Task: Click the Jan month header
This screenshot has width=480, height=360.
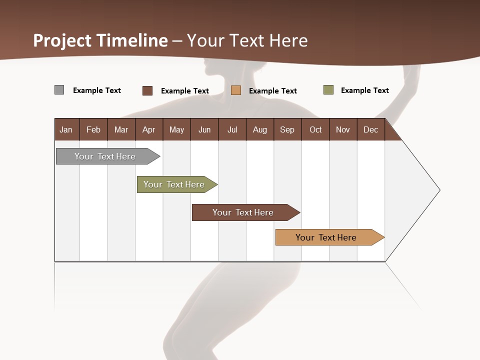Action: (x=66, y=129)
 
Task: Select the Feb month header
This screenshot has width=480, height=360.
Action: (x=93, y=129)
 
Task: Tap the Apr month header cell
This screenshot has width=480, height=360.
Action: (x=148, y=129)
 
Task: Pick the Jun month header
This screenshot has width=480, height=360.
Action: (x=204, y=129)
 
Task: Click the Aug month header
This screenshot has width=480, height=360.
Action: (x=259, y=129)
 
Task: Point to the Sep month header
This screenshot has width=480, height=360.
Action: (x=287, y=129)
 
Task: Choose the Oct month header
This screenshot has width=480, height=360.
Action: (x=315, y=129)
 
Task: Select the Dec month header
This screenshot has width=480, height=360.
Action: (x=370, y=129)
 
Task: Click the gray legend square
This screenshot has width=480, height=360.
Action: (x=59, y=90)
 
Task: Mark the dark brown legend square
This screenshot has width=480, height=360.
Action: (x=147, y=90)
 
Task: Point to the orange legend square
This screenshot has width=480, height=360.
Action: (x=236, y=90)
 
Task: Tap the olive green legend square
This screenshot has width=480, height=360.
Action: (x=328, y=90)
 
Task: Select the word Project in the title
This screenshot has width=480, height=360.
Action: (x=62, y=40)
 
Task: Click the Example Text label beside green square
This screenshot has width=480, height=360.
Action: (x=364, y=90)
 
